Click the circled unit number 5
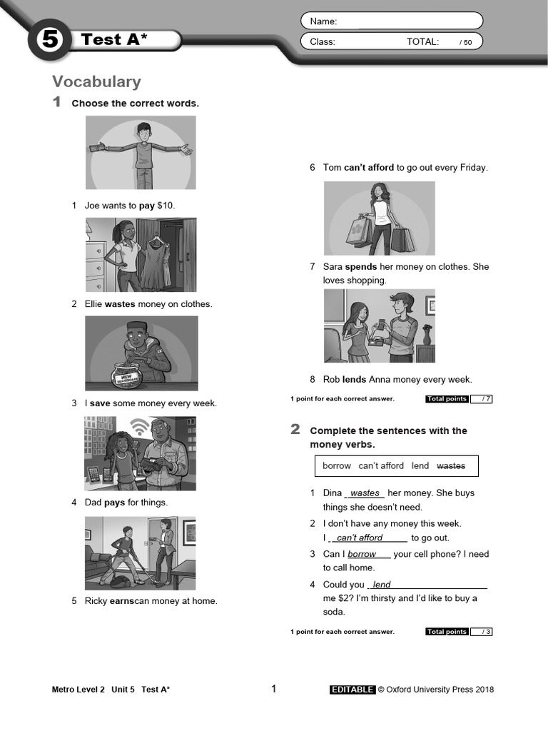click(49, 40)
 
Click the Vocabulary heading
click(96, 81)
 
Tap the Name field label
click(323, 21)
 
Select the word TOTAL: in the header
click(422, 42)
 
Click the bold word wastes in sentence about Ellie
click(120, 304)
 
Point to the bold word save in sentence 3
click(100, 403)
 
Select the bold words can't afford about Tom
click(368, 168)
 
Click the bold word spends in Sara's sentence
click(360, 267)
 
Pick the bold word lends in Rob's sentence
click(354, 380)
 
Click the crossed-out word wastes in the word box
click(450, 466)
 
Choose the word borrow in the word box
click(337, 466)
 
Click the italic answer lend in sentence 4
click(382, 585)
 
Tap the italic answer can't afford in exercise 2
click(360, 538)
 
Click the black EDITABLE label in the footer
click(352, 690)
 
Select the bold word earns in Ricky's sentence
click(122, 601)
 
